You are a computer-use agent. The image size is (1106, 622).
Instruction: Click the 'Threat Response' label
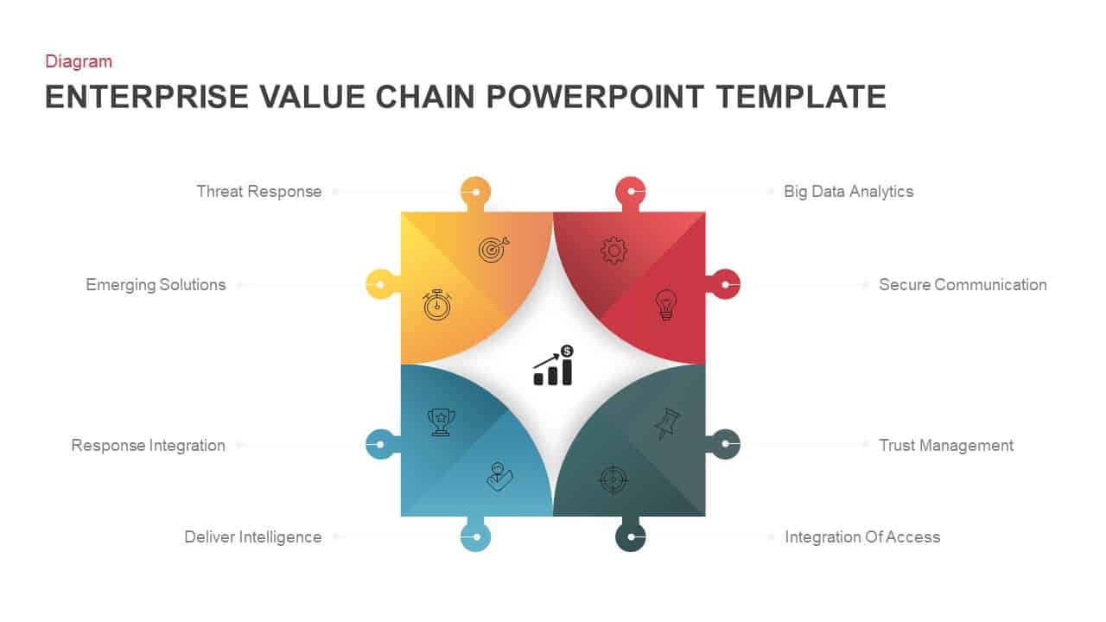pyautogui.click(x=259, y=192)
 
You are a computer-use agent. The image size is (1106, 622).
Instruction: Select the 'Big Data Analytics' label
pyautogui.click(x=848, y=192)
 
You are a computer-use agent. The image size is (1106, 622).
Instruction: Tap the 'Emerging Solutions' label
pyautogui.click(x=156, y=285)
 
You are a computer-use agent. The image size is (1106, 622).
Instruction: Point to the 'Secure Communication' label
pyautogui.click(x=962, y=285)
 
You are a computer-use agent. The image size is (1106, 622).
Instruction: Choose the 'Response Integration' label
pyautogui.click(x=148, y=446)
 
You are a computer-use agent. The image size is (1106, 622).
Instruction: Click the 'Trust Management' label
pyautogui.click(x=945, y=446)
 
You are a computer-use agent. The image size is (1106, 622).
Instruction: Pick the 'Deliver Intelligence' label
pyautogui.click(x=252, y=537)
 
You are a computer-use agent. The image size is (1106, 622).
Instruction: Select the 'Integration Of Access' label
pyautogui.click(x=861, y=537)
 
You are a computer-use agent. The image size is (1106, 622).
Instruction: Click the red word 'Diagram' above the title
pyautogui.click(x=79, y=61)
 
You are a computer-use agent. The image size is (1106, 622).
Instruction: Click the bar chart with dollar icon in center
pyautogui.click(x=554, y=365)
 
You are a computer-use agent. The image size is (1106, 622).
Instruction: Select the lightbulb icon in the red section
pyautogui.click(x=665, y=305)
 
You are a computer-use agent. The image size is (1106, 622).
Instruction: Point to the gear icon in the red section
pyautogui.click(x=613, y=251)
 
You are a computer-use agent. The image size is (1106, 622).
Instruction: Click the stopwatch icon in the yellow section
pyautogui.click(x=437, y=305)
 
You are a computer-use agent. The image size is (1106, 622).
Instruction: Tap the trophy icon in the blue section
pyautogui.click(x=441, y=422)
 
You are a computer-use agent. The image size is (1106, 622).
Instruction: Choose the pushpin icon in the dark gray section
pyautogui.click(x=666, y=423)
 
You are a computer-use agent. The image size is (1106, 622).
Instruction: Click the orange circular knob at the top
pyautogui.click(x=475, y=191)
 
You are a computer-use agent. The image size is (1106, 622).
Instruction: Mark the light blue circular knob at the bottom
pyautogui.click(x=475, y=536)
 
